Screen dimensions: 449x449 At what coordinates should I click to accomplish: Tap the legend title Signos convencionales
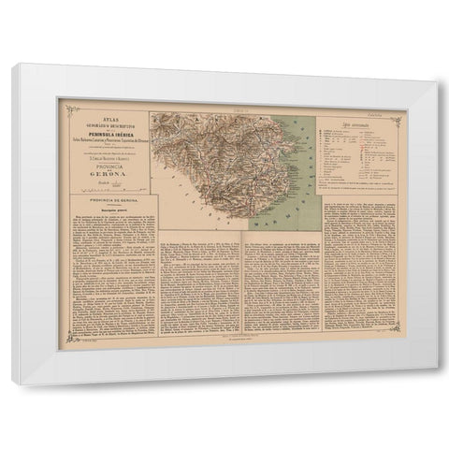point(356,123)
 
